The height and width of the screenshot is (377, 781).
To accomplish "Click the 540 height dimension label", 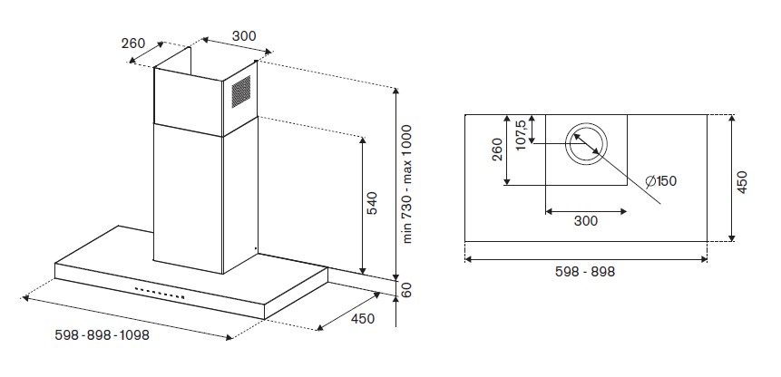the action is click(x=373, y=203).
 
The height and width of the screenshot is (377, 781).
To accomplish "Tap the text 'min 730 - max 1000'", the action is click(x=408, y=184).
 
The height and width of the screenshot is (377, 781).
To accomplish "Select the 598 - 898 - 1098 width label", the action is click(x=103, y=335).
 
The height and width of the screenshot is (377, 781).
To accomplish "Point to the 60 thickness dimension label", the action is click(x=407, y=291).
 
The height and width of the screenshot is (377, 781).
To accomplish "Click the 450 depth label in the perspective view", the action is click(x=362, y=318).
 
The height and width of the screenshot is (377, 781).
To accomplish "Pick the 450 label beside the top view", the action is click(x=742, y=182).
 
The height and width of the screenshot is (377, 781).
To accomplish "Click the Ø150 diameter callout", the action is click(x=661, y=181).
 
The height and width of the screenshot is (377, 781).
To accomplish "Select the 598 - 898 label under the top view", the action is click(x=585, y=272).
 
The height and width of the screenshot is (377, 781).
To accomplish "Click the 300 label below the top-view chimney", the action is click(x=586, y=221).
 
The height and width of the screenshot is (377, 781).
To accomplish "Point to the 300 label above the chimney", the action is click(x=244, y=36).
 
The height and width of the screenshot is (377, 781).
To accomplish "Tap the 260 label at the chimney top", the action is click(x=133, y=43).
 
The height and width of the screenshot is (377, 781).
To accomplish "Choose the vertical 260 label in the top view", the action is click(x=497, y=150).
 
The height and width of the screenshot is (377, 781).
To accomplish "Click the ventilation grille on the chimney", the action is click(x=241, y=92).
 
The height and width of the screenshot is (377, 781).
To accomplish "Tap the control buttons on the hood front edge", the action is click(x=160, y=293).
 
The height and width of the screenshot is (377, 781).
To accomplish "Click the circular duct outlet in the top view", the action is click(x=586, y=144).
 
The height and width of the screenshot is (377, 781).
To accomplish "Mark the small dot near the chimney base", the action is click(x=256, y=247).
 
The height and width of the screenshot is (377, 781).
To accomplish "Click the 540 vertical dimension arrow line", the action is click(x=363, y=205).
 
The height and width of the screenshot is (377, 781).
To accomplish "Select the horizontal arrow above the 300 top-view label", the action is click(x=586, y=211).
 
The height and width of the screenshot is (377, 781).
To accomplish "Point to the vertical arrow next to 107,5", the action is click(x=532, y=130).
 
